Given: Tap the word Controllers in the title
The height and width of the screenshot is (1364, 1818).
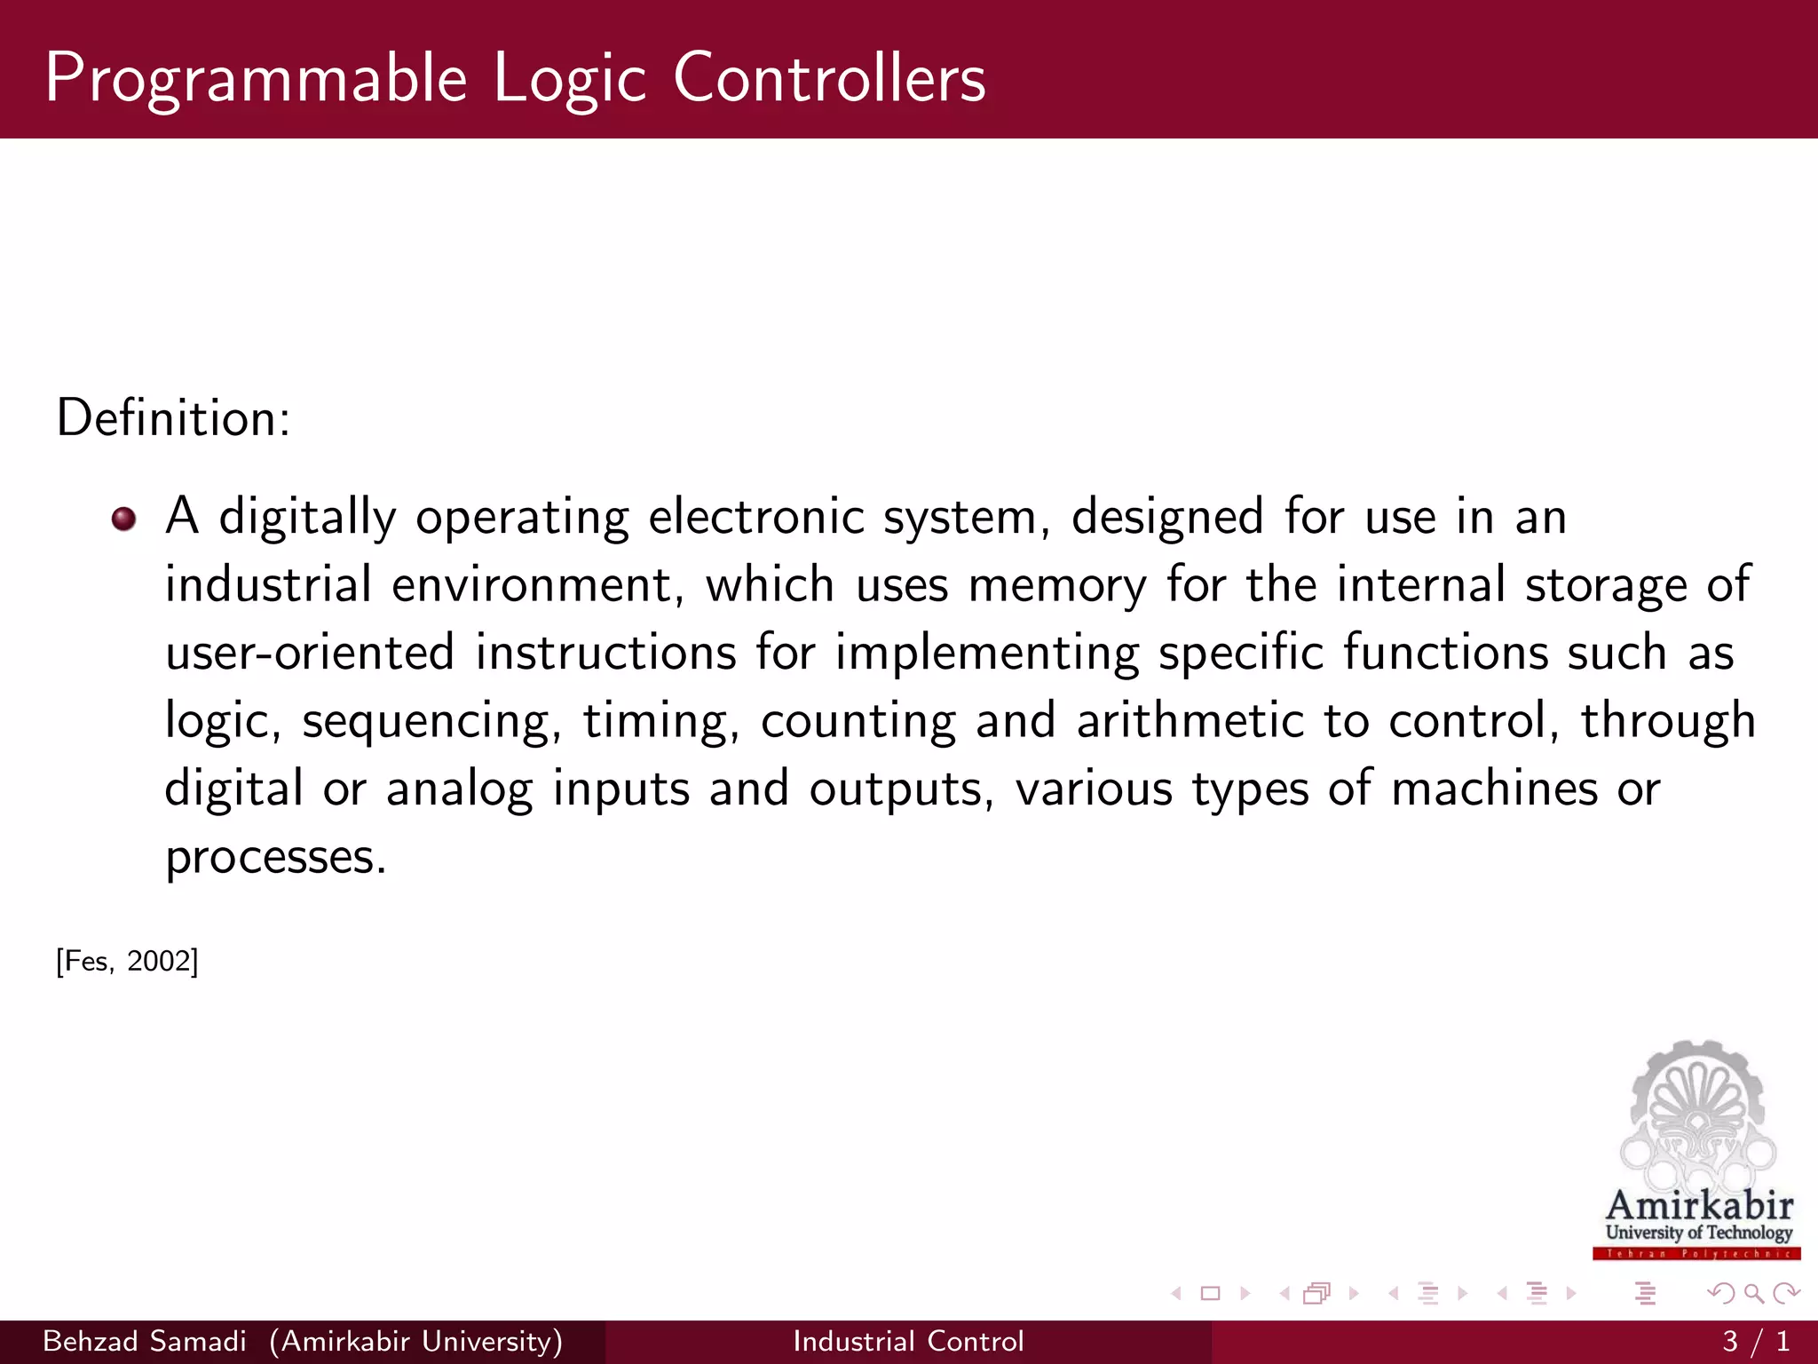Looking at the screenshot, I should [829, 78].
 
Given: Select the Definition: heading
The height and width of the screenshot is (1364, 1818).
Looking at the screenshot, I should [173, 417].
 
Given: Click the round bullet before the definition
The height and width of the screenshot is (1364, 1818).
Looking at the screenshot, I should [124, 519].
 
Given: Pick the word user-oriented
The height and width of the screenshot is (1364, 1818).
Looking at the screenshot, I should [310, 653].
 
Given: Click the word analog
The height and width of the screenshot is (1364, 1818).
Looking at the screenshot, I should [459, 789].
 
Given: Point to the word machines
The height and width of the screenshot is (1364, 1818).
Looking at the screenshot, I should [1494, 789].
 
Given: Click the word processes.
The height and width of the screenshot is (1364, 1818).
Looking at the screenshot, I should [276, 858].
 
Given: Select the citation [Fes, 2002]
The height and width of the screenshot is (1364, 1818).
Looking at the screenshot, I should [127, 961].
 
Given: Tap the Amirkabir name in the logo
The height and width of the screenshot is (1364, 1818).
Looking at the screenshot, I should [1699, 1206].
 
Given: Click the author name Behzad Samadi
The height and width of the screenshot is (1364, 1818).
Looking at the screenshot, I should [145, 1341].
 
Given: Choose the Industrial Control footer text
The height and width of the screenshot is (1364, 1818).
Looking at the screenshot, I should [908, 1341].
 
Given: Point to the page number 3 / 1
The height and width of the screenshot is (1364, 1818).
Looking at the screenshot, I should [1755, 1341].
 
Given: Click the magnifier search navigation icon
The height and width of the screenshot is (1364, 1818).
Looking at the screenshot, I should [1753, 1294].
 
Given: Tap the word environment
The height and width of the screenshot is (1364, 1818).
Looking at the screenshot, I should [537, 586].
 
